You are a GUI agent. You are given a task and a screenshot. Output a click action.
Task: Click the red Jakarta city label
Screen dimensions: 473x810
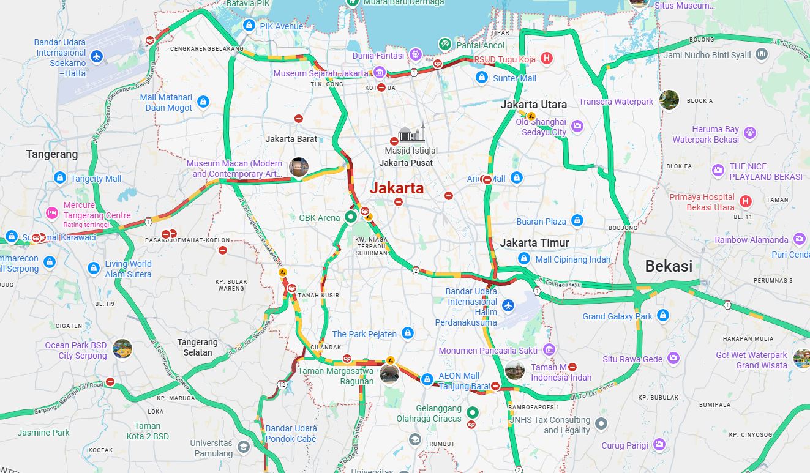pos(397,188)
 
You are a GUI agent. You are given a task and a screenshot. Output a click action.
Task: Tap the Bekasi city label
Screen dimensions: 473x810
pos(669,266)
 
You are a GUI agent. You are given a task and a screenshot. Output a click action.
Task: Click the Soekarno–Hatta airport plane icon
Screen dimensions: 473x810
pos(96,57)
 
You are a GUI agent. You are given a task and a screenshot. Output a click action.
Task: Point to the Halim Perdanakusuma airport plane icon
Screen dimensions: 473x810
pos(508,305)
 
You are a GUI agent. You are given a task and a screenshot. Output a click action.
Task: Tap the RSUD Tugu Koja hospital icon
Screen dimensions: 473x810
pos(547,59)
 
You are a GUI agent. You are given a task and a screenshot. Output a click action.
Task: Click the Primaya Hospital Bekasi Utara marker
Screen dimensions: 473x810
pos(746,201)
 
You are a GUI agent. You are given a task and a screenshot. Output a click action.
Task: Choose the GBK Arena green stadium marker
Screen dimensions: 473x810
pos(351,217)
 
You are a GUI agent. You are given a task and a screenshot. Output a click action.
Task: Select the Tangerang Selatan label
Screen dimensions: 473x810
pos(198,347)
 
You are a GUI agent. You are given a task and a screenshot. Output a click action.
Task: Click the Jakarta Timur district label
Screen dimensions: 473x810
pos(534,243)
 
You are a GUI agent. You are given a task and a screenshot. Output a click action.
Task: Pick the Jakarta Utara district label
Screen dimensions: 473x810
pos(534,105)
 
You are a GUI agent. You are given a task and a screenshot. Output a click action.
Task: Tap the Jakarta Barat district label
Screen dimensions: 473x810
pos(291,139)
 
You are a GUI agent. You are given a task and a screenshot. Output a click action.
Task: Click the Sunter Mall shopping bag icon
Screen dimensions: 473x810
pos(482,78)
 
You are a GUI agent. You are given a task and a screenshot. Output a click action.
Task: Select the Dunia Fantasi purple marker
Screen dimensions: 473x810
pos(416,55)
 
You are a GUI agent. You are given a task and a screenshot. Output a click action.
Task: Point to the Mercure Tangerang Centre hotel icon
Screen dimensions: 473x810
pos(52,213)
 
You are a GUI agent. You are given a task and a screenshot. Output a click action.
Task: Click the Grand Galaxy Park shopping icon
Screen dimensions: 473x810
pos(662,316)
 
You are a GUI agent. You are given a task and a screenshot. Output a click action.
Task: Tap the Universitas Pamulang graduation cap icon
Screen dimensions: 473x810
pos(244,447)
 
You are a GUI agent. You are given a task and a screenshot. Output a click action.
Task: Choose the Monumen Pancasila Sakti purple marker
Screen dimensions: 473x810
pos(549,350)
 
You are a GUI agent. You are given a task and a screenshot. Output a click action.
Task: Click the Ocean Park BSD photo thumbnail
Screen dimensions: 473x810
pos(122,349)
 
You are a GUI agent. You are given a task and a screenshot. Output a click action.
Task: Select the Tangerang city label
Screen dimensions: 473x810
pos(52,154)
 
